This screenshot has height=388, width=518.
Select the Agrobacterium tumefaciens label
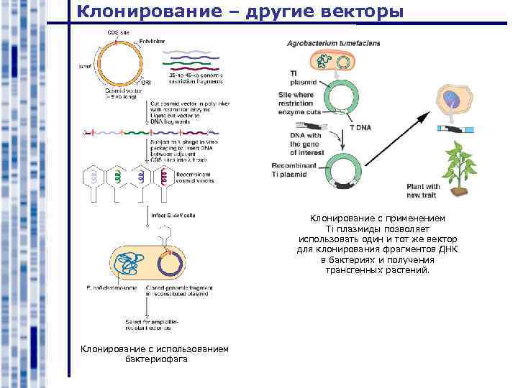tap(334, 43)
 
